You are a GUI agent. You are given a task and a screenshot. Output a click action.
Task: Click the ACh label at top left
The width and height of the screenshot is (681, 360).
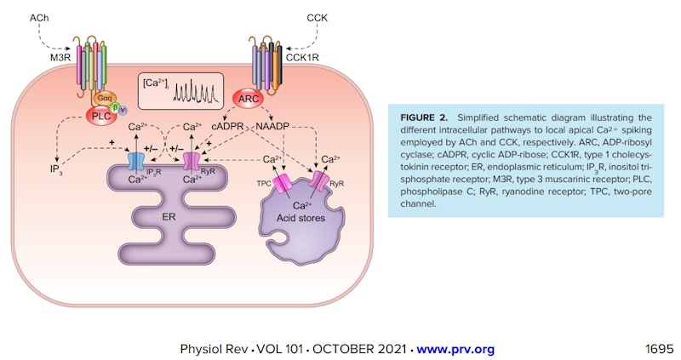point(40,16)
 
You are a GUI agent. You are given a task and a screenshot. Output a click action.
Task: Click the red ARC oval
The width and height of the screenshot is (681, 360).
point(249,100)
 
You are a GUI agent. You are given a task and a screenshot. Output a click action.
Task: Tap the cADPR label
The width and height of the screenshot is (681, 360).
point(228,126)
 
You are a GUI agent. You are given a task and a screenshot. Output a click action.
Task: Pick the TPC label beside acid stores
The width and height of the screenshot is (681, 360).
point(265,181)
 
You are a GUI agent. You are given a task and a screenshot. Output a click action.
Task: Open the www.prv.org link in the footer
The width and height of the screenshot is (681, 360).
point(455,349)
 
